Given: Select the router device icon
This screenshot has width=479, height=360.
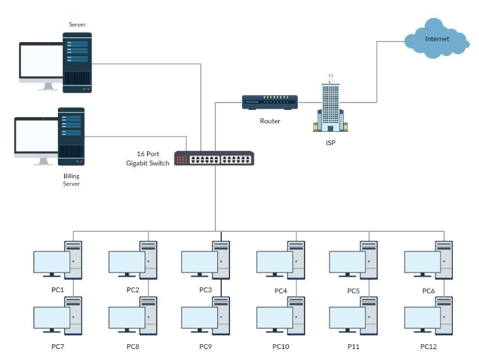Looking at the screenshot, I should (270, 102).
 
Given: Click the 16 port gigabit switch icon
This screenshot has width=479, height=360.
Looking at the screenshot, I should (214, 159).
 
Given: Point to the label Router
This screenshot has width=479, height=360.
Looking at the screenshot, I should (270, 121).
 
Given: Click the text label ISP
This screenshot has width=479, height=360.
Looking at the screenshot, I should (330, 143).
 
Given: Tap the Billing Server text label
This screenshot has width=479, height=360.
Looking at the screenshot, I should (71, 179).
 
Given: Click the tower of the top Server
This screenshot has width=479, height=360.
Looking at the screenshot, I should (77, 63).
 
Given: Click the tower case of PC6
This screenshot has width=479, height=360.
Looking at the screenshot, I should (444, 259).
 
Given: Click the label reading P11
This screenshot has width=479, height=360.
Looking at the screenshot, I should (353, 346).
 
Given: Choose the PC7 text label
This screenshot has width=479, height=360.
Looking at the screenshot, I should (57, 346).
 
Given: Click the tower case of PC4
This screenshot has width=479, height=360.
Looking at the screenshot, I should (296, 259).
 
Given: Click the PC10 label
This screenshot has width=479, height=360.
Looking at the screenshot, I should (281, 347).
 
